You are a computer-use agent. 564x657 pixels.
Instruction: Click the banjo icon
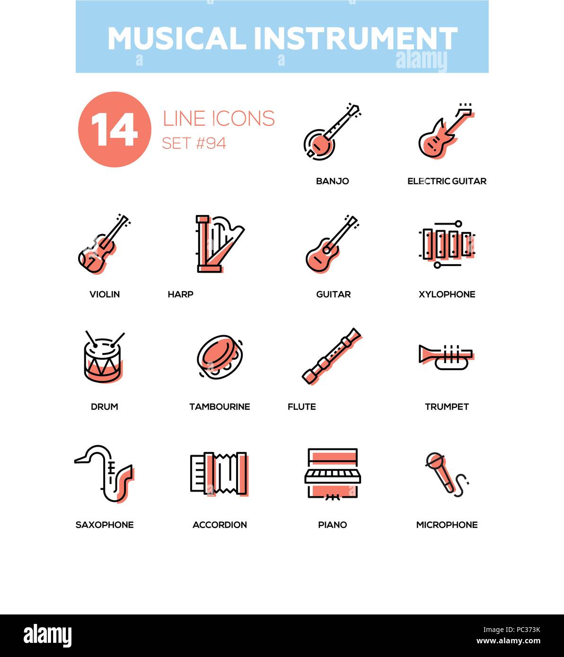pyautogui.click(x=331, y=130)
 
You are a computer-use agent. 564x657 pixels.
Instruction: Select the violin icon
pyautogui.click(x=103, y=244)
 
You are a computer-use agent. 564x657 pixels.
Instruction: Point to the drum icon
pyautogui.click(x=103, y=358)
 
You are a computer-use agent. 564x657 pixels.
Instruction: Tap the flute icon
pyautogui.click(x=331, y=356)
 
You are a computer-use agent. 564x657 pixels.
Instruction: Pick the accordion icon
pyautogui.click(x=219, y=473)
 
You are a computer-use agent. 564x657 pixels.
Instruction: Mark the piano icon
pyautogui.click(x=332, y=473)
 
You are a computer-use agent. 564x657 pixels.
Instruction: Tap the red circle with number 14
pyautogui.click(x=115, y=130)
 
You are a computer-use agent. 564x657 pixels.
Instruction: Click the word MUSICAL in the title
pyautogui.click(x=176, y=39)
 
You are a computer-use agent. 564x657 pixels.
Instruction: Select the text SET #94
pyautogui.click(x=194, y=143)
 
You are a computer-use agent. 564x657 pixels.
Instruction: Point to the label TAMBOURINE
pyautogui.click(x=220, y=406)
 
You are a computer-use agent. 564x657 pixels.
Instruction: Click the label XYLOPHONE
pyautogui.click(x=447, y=294)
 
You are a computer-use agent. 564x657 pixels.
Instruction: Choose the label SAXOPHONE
pyautogui.click(x=105, y=525)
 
